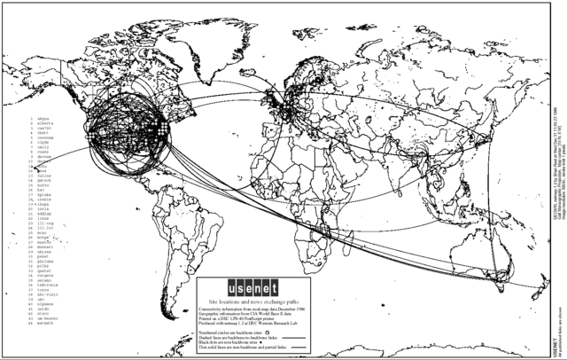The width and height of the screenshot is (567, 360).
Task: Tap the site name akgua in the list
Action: pos(43,117)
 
